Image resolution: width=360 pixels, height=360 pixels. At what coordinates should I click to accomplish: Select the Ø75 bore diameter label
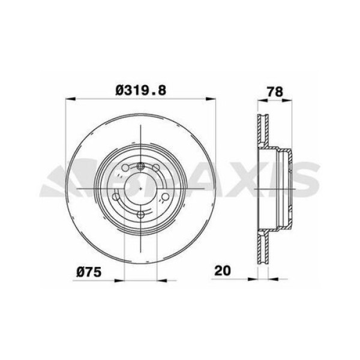(89, 271)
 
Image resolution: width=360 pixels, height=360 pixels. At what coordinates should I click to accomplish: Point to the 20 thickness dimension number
(223, 271)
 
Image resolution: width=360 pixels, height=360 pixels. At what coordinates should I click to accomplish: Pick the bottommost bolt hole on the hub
(140, 215)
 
